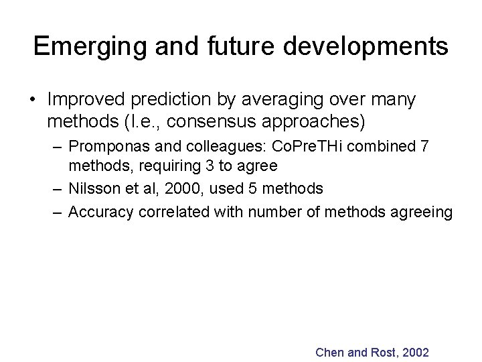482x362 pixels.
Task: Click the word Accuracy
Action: click(x=98, y=213)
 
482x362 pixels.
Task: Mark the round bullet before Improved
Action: click(x=32, y=101)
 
